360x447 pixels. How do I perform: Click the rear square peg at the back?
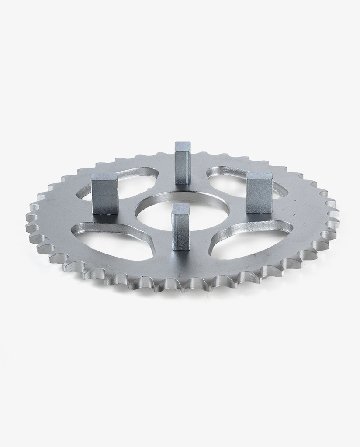pos(183,166)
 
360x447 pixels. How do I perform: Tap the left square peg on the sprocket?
pos(105,196)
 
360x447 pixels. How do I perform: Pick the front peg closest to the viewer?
pos(180,229)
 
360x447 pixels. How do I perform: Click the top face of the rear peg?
pos(183,145)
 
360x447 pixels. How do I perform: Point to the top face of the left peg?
pos(105,177)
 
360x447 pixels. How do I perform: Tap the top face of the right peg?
pos(260,175)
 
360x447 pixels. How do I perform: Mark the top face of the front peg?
pos(180,209)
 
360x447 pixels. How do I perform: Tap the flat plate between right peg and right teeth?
pos(301,205)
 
